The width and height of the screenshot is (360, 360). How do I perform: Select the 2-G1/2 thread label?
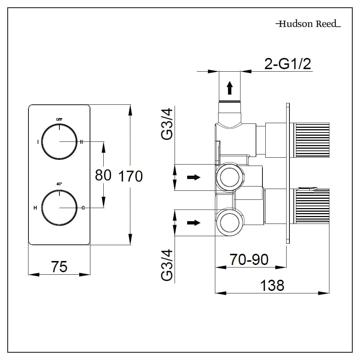287,64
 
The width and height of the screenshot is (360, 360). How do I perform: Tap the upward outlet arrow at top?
229,88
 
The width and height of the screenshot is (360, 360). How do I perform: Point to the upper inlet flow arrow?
194,177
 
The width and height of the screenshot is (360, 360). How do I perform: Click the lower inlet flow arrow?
194,223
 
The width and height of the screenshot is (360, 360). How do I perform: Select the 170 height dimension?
130,176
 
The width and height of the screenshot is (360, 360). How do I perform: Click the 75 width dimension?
59,267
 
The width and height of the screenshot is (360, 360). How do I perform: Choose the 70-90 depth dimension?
249,260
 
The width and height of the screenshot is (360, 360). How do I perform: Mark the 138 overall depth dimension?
272,285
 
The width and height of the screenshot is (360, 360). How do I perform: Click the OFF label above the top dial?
59,119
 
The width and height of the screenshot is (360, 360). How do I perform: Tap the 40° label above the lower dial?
59,184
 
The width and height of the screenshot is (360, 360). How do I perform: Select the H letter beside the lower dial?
35,208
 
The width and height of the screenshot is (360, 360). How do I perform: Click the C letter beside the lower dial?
83,208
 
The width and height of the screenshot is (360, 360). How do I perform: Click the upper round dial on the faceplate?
59,141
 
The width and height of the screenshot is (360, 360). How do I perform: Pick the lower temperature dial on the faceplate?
59,208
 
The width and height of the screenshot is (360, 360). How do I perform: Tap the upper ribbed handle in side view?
312,140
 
